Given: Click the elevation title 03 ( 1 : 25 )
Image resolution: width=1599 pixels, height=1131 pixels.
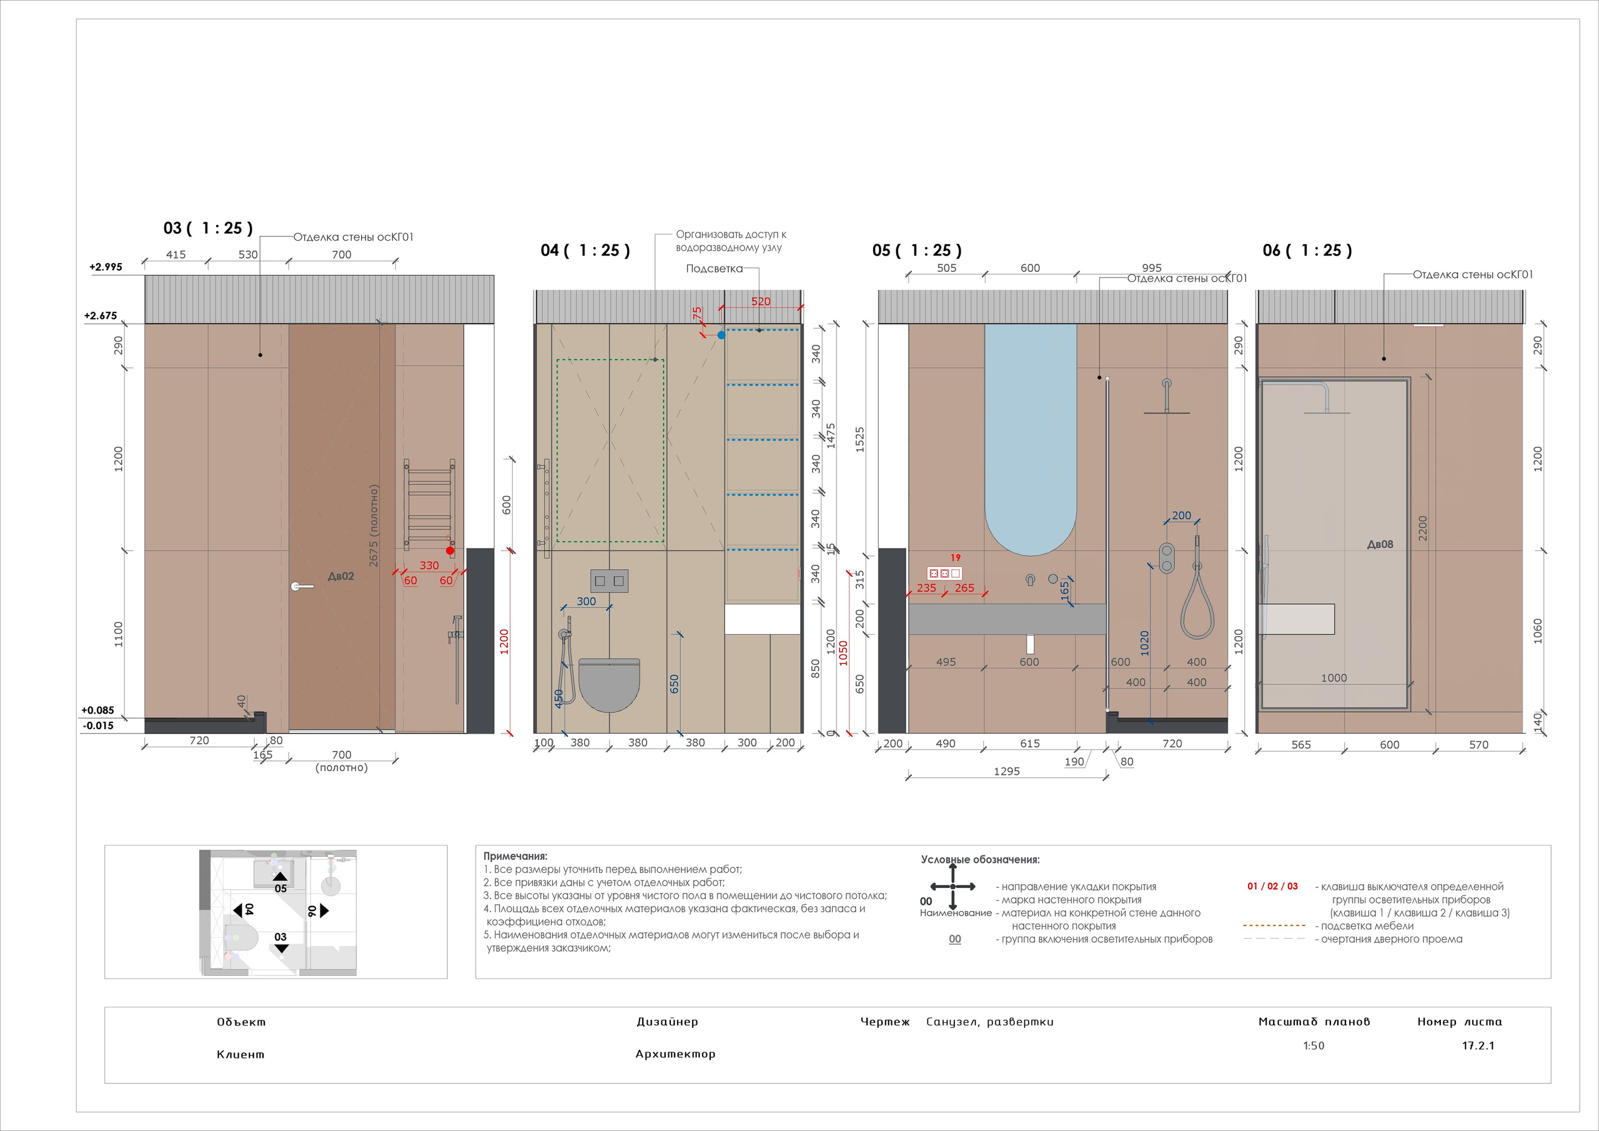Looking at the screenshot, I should pyautogui.click(x=207, y=229).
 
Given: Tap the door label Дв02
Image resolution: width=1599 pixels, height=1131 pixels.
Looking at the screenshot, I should pyautogui.click(x=340, y=576).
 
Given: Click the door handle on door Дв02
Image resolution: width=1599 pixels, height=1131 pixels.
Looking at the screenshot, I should pyautogui.click(x=302, y=587).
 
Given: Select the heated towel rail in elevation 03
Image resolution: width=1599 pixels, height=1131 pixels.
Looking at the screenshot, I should pyautogui.click(x=430, y=503).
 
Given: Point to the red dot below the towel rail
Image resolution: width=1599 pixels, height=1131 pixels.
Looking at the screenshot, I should pyautogui.click(x=450, y=551).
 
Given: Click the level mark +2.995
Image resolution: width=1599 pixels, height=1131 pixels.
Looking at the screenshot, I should pyautogui.click(x=106, y=267).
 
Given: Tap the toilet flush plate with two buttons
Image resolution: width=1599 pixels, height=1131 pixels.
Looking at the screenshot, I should pyautogui.click(x=610, y=580).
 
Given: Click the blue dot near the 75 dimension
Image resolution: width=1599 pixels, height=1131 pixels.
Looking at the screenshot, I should pyautogui.click(x=721, y=335).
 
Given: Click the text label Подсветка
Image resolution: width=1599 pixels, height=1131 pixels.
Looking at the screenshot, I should pyautogui.click(x=714, y=269).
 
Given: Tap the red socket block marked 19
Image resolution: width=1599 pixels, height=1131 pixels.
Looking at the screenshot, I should pyautogui.click(x=944, y=574).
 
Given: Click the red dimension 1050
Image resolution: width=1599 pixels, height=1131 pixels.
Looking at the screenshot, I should pyautogui.click(x=843, y=653).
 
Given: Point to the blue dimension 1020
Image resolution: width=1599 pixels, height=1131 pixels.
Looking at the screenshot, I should pyautogui.click(x=1144, y=642).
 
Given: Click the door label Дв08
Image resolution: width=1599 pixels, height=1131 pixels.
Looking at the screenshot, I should pyautogui.click(x=1380, y=544).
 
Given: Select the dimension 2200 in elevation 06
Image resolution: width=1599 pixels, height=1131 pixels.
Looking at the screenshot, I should pyautogui.click(x=1423, y=527).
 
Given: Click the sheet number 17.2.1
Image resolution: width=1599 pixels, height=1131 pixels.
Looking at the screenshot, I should pyautogui.click(x=1478, y=1045).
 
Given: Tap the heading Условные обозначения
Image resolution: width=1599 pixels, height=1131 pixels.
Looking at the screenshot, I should pyautogui.click(x=980, y=860).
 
